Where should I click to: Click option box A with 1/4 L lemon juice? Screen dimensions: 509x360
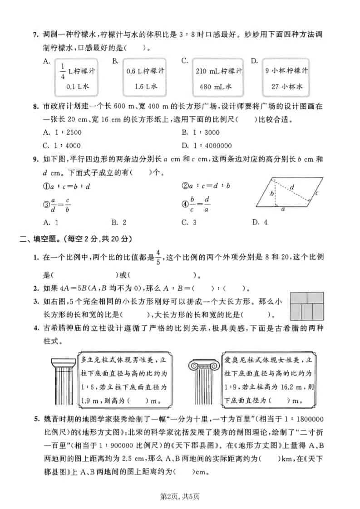coord(78,78)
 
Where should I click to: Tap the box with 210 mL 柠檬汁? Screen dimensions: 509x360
coord(219,78)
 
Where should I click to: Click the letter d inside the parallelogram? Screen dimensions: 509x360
coord(292,186)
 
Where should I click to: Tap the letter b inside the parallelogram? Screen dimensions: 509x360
coord(271,194)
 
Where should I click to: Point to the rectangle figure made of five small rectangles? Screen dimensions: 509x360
coord(306,305)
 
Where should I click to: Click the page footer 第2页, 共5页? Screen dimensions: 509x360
coord(180,496)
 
